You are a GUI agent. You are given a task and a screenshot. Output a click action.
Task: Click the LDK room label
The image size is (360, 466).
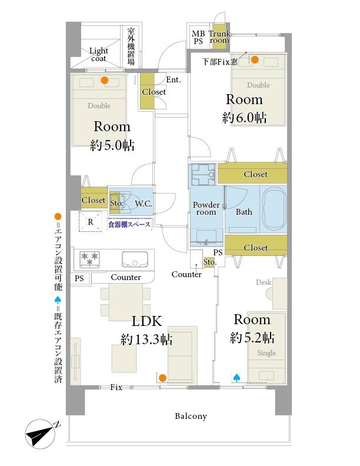[146, 321]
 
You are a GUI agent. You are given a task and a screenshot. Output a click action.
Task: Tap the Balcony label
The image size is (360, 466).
[191, 416]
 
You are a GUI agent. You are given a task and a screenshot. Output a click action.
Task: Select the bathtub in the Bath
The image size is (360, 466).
[274, 209]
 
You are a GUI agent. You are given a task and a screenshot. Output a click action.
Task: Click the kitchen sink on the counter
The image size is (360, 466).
[135, 259]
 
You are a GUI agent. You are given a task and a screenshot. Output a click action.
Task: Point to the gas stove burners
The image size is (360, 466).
[89, 258]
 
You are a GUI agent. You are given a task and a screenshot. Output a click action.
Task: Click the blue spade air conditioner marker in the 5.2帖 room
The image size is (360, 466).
[236, 377]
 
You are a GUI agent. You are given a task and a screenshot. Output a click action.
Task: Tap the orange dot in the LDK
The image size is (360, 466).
[162, 378]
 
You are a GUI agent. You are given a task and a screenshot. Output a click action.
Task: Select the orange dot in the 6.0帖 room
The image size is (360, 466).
[255, 60]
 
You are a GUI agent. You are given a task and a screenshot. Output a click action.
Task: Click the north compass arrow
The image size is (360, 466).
[40, 434]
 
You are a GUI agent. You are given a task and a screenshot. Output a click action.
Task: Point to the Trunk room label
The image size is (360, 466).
[219, 37]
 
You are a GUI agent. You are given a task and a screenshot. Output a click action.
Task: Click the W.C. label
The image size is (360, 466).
[144, 204]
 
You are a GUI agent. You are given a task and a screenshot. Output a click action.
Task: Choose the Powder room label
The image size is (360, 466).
[206, 208]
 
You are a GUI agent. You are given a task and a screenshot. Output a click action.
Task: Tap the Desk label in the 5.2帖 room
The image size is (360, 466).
[264, 282]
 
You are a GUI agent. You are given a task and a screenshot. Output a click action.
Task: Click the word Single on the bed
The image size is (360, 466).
[266, 353]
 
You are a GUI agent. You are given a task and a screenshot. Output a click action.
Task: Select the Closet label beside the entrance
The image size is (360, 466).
[154, 92]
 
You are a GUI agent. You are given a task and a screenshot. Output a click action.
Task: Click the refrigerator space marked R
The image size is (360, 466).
[91, 222]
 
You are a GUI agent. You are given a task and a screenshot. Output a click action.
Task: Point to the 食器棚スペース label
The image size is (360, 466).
[129, 224]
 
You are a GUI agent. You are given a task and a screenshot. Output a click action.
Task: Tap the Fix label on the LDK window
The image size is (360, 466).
[116, 387]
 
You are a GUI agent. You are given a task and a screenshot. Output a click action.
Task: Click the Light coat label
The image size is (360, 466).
[99, 55]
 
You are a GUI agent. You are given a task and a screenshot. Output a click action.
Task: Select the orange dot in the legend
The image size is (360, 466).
[58, 217]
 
